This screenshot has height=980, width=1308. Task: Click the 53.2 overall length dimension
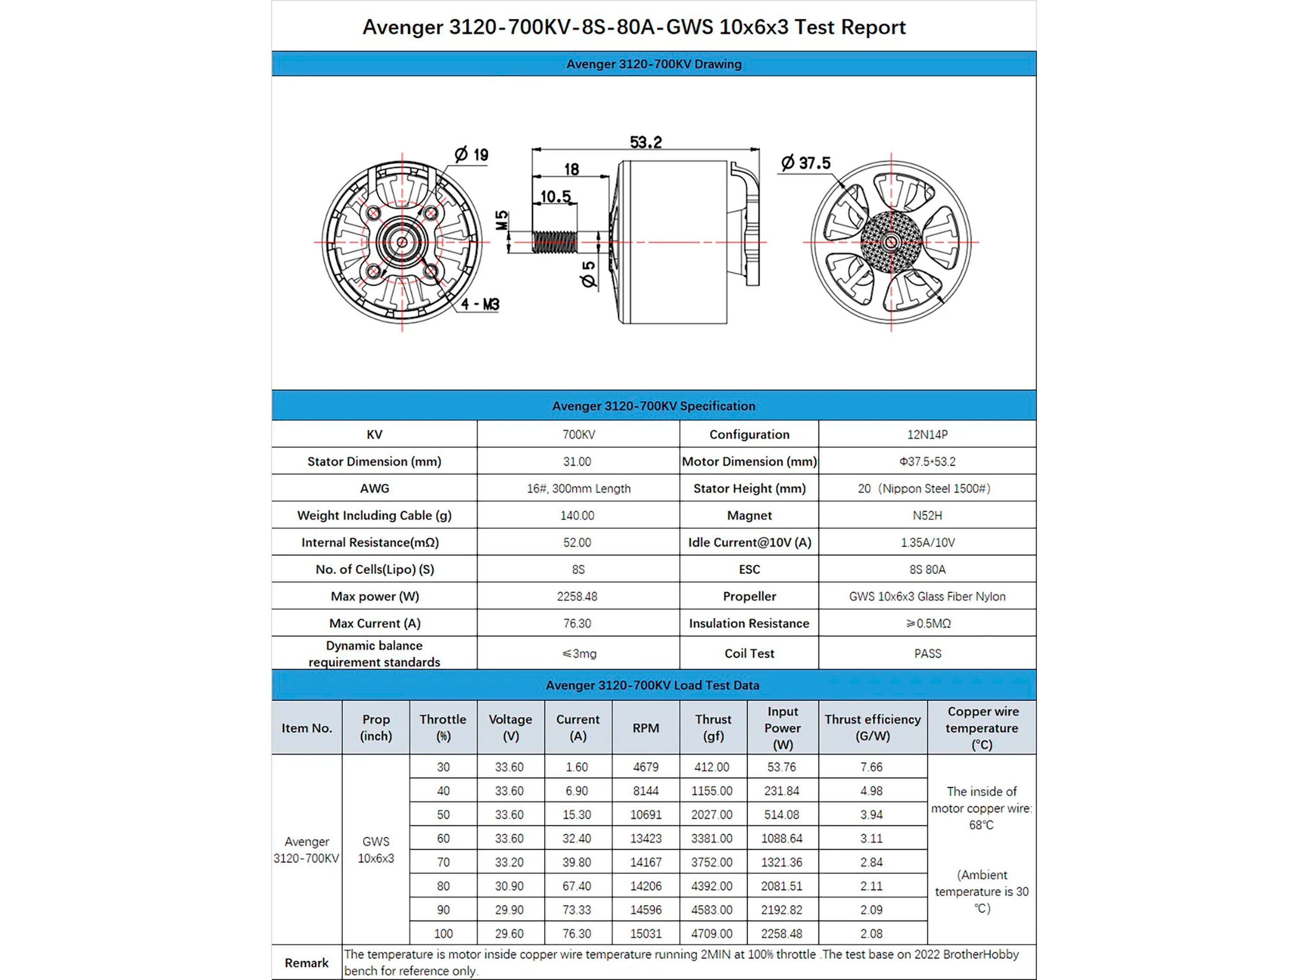(645, 142)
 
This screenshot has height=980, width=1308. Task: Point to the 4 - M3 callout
(480, 305)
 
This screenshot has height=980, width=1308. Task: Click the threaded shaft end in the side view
(555, 242)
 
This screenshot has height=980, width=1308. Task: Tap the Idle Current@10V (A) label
(749, 543)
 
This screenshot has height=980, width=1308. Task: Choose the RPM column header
(645, 728)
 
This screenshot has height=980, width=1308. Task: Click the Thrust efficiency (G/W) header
(872, 728)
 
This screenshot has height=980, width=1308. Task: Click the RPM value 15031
(645, 934)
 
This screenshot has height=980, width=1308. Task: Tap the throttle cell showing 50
(443, 814)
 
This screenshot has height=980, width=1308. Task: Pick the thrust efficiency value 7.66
(871, 767)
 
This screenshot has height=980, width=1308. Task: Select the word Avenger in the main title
(402, 27)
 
